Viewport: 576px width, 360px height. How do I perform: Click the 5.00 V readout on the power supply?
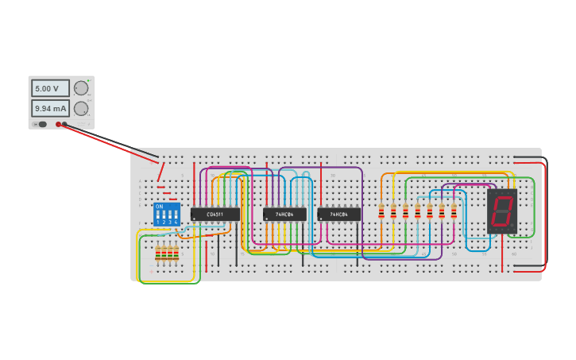pyautogui.click(x=50, y=88)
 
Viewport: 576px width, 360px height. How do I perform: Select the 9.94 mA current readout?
pyautogui.click(x=50, y=108)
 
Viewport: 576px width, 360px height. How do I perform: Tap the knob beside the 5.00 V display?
pyautogui.click(x=80, y=88)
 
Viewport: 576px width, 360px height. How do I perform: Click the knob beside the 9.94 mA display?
pyautogui.click(x=80, y=108)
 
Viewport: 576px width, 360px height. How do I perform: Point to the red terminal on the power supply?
pyautogui.click(x=59, y=124)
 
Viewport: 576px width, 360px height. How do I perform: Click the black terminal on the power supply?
pyautogui.click(x=65, y=124)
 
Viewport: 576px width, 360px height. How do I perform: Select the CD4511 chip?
pyautogui.click(x=215, y=214)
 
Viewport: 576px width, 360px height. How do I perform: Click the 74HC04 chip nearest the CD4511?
pyautogui.click(x=284, y=214)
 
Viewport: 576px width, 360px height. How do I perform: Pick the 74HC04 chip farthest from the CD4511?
pyautogui.click(x=339, y=214)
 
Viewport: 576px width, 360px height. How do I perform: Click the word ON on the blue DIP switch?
pyautogui.click(x=160, y=207)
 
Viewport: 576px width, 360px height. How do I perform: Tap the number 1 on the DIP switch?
pyautogui.click(x=158, y=222)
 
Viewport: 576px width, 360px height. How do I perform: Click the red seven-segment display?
pyautogui.click(x=502, y=211)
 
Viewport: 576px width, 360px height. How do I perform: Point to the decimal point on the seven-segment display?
pyautogui.click(x=512, y=226)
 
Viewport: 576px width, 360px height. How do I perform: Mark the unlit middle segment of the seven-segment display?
pyautogui.click(x=502, y=211)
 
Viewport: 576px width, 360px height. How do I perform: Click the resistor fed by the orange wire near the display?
pyautogui.click(x=381, y=211)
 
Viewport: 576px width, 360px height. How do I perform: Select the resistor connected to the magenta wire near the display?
pyautogui.click(x=454, y=211)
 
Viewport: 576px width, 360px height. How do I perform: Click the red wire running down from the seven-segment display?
pyautogui.click(x=503, y=250)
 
